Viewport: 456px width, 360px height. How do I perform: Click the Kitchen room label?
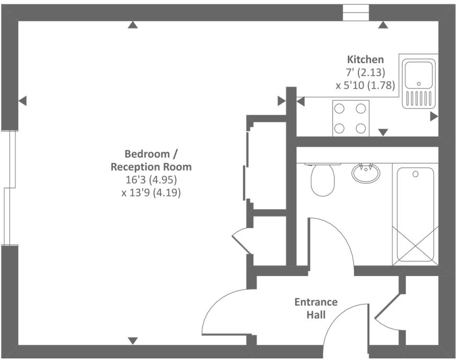365,59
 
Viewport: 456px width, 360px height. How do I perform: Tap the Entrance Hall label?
316,308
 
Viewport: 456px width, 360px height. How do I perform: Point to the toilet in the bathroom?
323,179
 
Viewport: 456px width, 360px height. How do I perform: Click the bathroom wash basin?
366,173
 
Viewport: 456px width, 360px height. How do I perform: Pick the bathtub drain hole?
416,174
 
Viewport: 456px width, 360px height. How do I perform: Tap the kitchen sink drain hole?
419,84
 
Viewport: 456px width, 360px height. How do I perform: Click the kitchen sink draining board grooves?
419,99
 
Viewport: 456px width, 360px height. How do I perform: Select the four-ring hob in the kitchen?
351,118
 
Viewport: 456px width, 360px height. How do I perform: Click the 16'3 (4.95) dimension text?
151,180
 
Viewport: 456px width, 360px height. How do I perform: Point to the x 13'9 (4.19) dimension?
151,193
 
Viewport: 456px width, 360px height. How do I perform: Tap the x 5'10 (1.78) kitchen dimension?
365,86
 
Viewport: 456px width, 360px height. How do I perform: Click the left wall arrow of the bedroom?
22,101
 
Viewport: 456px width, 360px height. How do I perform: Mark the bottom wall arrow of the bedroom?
133,341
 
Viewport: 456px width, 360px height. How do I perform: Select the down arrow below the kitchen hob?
383,132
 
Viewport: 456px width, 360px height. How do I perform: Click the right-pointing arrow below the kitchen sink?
434,117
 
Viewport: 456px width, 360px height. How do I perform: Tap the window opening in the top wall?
356,13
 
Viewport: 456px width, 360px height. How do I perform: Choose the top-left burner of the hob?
339,109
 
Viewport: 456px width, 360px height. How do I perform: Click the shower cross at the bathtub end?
416,245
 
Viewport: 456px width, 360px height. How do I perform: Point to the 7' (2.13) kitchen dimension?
365,72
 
